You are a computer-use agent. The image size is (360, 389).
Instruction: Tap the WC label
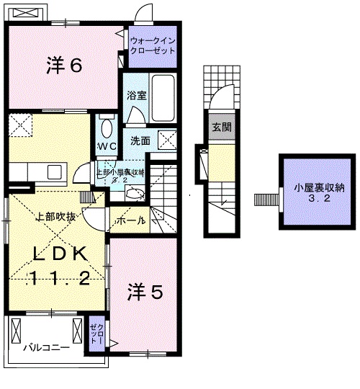coord(107,146)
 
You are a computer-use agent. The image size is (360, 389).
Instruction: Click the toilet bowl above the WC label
coord(107,128)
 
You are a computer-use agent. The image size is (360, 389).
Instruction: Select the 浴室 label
coord(135,94)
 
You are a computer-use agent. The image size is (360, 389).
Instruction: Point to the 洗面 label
coord(140,141)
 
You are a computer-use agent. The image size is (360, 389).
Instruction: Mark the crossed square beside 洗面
coord(167,140)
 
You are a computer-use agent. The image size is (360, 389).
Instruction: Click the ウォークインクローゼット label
coord(153,46)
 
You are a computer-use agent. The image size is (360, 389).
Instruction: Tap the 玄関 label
coord(221,128)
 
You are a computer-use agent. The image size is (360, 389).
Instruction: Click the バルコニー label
coord(45,348)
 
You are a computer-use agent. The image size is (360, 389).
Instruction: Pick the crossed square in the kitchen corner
coord(21,123)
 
